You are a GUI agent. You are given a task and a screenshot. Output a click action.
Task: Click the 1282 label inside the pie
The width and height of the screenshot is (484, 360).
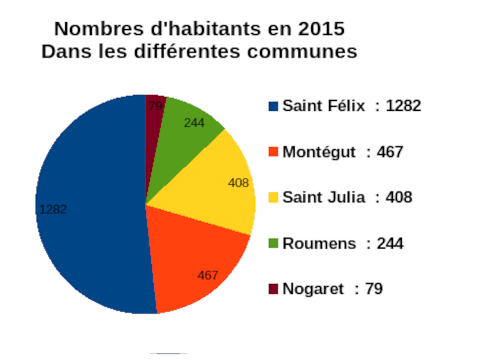53,209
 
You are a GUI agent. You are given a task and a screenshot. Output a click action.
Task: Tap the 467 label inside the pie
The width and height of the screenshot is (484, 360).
208,275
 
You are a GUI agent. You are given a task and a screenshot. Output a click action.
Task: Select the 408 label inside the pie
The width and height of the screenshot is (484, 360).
238,183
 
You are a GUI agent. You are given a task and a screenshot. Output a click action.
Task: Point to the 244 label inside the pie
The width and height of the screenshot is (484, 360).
194,123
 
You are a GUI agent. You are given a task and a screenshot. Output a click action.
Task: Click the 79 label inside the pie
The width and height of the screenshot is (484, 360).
155,106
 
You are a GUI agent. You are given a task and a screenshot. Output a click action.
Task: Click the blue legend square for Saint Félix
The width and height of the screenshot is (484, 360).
274,106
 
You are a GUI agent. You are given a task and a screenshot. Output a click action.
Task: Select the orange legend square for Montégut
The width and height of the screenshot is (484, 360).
274,152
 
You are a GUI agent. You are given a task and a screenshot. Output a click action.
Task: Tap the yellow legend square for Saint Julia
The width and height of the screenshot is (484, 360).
274,198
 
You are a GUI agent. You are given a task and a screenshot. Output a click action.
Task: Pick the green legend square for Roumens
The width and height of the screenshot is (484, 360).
274,243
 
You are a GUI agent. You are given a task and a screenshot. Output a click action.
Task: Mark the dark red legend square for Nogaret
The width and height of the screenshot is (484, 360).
274,289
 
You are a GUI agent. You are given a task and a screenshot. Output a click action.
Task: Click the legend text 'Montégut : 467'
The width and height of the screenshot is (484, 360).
343,152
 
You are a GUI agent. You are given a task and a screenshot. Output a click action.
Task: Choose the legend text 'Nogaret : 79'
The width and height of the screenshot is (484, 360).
332,289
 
